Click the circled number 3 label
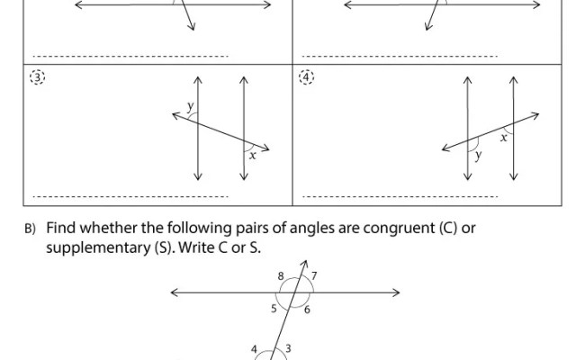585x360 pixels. click(x=37, y=77)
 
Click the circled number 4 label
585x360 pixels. click(x=308, y=77)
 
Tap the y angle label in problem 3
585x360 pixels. click(x=190, y=106)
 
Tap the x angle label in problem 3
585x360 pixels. click(x=252, y=155)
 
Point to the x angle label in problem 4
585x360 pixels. click(x=503, y=138)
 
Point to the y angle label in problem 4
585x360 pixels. click(x=478, y=155)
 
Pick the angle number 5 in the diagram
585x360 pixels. click(x=274, y=309)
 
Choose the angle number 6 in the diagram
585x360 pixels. click(x=307, y=310)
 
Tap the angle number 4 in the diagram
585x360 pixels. click(x=254, y=348)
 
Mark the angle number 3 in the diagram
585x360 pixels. click(x=287, y=348)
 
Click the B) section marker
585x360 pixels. click(x=29, y=229)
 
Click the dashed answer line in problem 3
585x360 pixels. click(x=130, y=195)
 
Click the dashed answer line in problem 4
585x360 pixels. click(x=400, y=195)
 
